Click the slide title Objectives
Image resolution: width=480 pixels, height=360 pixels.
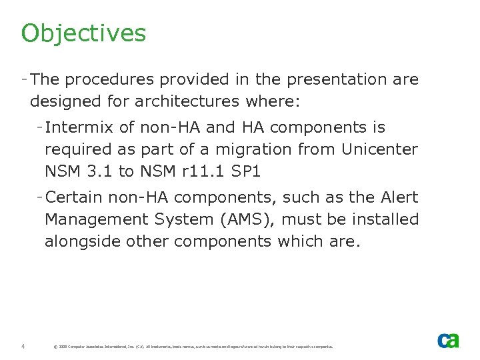(83, 33)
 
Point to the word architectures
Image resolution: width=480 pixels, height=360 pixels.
(190, 102)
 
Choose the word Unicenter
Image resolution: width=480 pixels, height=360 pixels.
(379, 149)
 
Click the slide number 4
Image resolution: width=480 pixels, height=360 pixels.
(23, 346)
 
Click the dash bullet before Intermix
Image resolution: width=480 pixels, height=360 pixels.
(40, 127)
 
